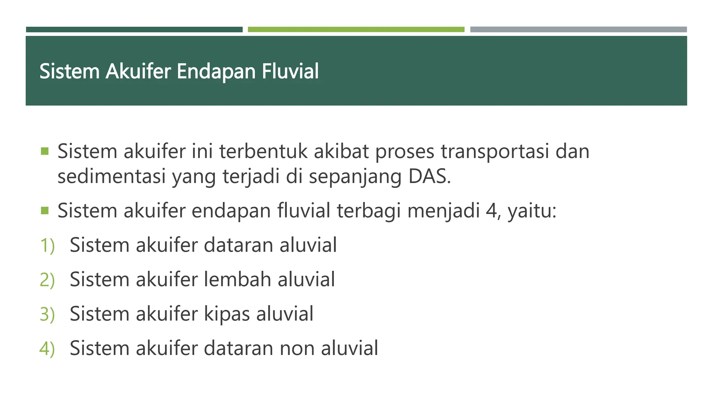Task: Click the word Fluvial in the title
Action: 290,71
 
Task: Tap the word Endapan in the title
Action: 216,71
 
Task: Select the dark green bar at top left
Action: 134,30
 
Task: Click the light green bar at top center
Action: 356,30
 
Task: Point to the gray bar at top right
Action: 578,30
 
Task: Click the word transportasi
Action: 495,151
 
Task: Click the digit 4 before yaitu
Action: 491,211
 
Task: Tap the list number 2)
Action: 47,280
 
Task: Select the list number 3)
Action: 47,314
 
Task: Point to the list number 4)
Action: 47,348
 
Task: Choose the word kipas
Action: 227,314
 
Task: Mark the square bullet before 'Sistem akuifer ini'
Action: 45,151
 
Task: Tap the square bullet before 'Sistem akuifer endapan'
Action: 45,211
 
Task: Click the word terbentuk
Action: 264,151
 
